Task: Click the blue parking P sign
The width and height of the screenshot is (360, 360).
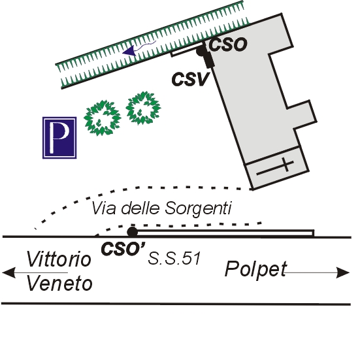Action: tap(59, 138)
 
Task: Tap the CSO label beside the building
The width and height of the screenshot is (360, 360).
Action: tap(228, 44)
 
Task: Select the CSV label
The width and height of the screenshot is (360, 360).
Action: tap(191, 79)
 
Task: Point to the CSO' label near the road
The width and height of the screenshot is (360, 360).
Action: tap(123, 249)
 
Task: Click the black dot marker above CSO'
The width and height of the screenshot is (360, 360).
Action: tap(132, 232)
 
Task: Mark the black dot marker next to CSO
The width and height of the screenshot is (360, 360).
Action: tap(201, 51)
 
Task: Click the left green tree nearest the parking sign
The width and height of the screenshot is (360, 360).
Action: tap(102, 118)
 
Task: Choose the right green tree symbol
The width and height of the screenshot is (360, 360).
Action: tap(143, 108)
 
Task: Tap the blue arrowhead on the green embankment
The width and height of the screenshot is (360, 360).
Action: tap(129, 51)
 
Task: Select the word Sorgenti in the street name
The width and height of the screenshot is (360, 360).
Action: tap(198, 209)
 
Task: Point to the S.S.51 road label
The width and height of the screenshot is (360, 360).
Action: tap(174, 258)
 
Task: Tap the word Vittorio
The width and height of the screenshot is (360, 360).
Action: tap(59, 259)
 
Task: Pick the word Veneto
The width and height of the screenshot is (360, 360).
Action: tap(59, 284)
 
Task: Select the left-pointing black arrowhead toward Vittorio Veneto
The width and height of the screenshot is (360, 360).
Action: tap(8, 272)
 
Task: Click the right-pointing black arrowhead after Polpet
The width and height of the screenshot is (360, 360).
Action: tap(343, 272)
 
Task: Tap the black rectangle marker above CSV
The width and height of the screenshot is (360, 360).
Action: tap(209, 61)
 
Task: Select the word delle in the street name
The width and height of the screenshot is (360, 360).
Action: tap(140, 208)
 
